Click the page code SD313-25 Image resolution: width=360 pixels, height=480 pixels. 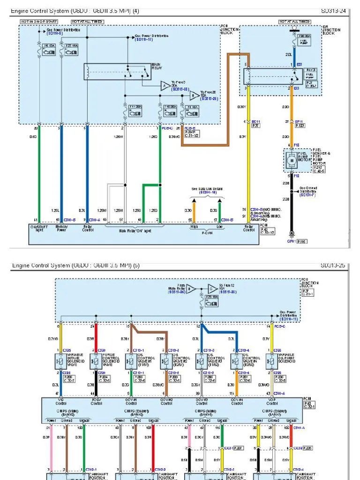(x=333, y=265)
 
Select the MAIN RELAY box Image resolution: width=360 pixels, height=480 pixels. (x=117, y=72)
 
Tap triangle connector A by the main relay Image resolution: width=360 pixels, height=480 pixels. (x=165, y=85)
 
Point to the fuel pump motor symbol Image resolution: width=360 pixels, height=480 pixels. (x=292, y=160)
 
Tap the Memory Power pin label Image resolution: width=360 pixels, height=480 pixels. (x=62, y=228)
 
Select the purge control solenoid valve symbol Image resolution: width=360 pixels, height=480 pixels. (x=96, y=360)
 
